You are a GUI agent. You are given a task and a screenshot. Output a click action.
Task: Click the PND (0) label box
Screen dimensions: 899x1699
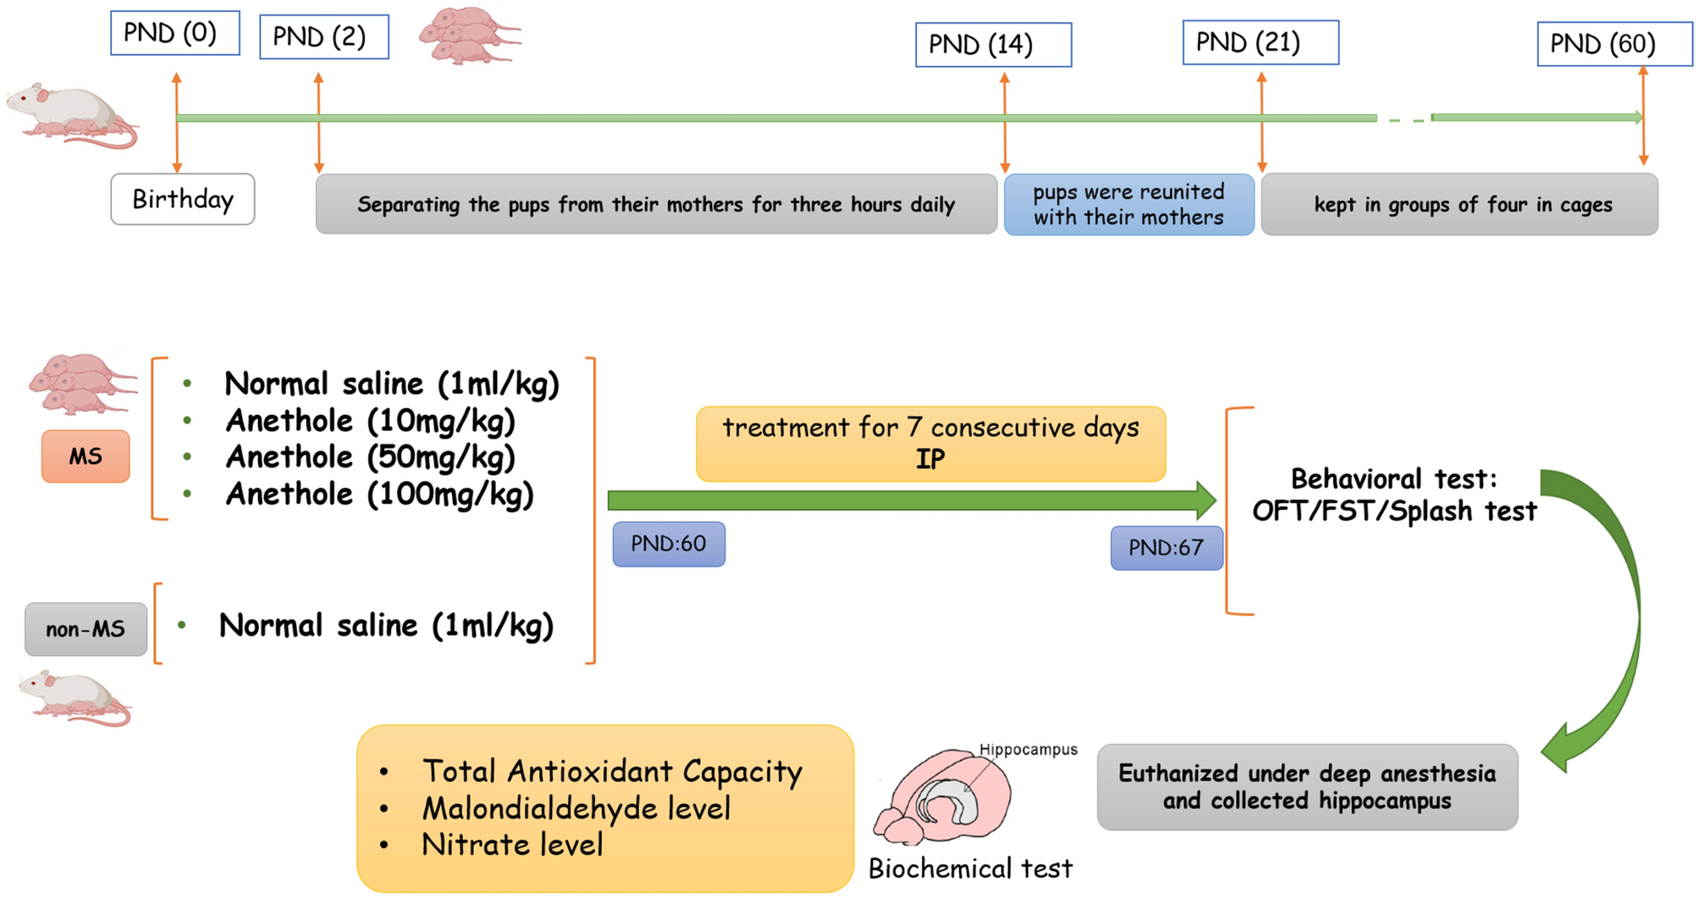pyautogui.click(x=174, y=33)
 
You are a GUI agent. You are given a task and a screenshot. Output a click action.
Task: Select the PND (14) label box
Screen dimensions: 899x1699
pyautogui.click(x=992, y=45)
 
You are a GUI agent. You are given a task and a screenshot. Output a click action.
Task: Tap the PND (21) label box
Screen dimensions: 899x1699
pyautogui.click(x=1260, y=42)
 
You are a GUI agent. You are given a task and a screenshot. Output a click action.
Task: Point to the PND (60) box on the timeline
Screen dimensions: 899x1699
pyautogui.click(x=1613, y=44)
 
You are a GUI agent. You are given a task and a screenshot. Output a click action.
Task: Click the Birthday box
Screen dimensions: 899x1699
pyautogui.click(x=182, y=200)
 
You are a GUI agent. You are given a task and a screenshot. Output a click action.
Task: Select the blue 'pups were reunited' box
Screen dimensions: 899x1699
pyautogui.click(x=1128, y=205)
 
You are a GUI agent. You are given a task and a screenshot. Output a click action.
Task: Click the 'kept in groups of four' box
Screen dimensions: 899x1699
pyautogui.click(x=1459, y=205)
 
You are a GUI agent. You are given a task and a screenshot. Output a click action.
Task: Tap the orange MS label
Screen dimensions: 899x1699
pyautogui.click(x=86, y=456)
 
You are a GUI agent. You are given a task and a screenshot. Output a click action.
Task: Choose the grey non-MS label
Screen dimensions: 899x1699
pyautogui.click(x=86, y=629)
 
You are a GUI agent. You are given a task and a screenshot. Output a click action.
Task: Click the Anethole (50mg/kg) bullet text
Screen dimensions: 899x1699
pyautogui.click(x=370, y=457)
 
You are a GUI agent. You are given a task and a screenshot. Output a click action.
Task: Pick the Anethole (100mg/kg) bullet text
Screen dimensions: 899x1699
pyautogui.click(x=379, y=494)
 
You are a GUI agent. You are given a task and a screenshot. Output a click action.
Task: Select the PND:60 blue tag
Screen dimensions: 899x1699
pyautogui.click(x=668, y=544)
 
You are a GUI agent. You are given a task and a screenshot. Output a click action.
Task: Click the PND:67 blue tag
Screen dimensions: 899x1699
pyautogui.click(x=1166, y=548)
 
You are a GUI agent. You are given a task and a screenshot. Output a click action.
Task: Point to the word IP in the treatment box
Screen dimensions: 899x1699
pyautogui.click(x=929, y=460)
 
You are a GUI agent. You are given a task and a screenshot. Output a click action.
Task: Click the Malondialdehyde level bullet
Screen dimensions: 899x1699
pyautogui.click(x=576, y=808)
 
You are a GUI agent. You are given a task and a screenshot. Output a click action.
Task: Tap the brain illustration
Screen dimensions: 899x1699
pyautogui.click(x=944, y=798)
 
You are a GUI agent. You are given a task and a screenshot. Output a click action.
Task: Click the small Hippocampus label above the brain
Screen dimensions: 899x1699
pyautogui.click(x=1028, y=750)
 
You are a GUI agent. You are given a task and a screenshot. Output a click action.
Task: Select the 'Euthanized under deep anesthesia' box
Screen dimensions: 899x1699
pyautogui.click(x=1306, y=787)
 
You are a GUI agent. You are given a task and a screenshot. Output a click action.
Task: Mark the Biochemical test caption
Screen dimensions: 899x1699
pyautogui.click(x=970, y=869)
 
